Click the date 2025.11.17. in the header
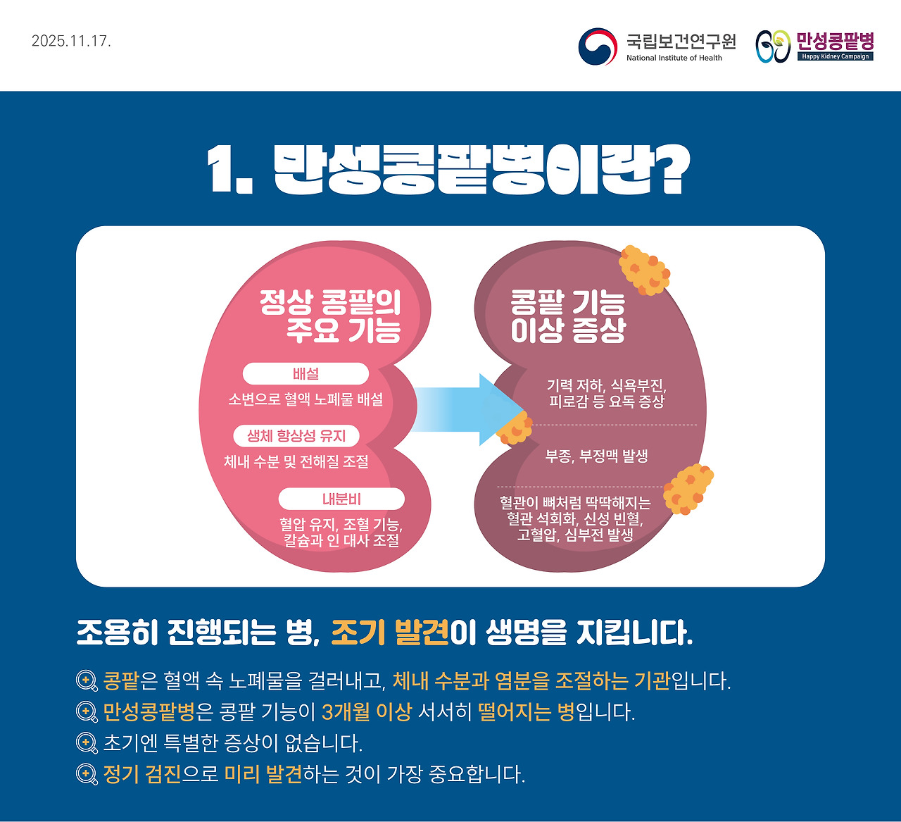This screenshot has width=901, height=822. tap(71, 41)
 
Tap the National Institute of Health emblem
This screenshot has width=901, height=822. tap(598, 46)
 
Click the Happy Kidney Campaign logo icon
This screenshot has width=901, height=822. tap(773, 46)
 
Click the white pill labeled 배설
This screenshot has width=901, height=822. tap(305, 374)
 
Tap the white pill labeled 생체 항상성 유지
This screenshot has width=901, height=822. tap(296, 436)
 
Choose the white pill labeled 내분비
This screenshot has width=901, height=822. tap(341, 499)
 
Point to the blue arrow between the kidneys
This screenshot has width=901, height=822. tap(465, 410)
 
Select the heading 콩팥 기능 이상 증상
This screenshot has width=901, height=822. tap(568, 316)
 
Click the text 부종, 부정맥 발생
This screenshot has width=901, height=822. tap(596, 456)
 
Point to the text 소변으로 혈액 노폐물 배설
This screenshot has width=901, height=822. tap(305, 399)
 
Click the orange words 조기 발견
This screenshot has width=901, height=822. tap(390, 633)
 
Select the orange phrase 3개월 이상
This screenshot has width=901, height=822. tap(366, 712)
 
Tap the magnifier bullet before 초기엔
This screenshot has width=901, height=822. tap(87, 743)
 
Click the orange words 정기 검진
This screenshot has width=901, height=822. tap(142, 774)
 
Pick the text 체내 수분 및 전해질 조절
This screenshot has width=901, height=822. tap(296, 461)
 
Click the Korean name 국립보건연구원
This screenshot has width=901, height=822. tap(681, 41)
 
